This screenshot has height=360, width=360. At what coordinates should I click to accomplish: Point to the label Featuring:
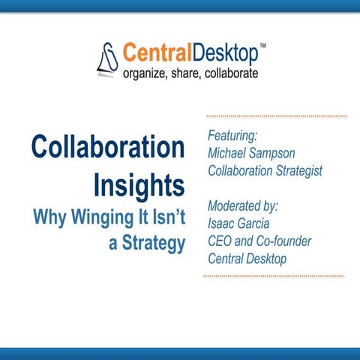pyautogui.click(x=233, y=136)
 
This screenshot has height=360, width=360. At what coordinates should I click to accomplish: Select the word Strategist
pyautogui.click(x=293, y=170)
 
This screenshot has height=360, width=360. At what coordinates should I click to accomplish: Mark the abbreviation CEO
pyautogui.click(x=219, y=240)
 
